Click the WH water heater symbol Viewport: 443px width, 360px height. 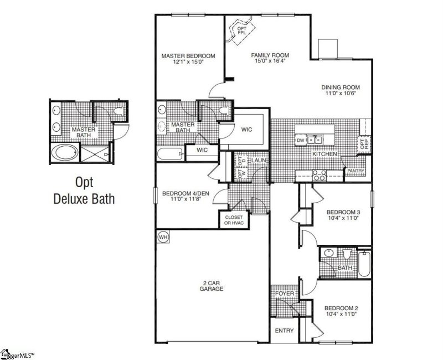coord(163,236)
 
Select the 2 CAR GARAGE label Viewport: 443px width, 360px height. coord(212,286)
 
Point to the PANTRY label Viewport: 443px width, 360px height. coord(356,171)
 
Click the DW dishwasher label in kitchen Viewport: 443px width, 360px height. coord(301,141)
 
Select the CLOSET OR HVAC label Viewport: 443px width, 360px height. coord(234,220)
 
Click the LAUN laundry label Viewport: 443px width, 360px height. coord(260,160)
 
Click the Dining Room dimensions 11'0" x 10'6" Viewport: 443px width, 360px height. coord(342,93)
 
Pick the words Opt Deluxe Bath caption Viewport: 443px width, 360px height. coord(84,190)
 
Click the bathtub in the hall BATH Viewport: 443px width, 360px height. coord(365,265)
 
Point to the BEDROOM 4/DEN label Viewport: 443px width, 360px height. coord(181,193)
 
